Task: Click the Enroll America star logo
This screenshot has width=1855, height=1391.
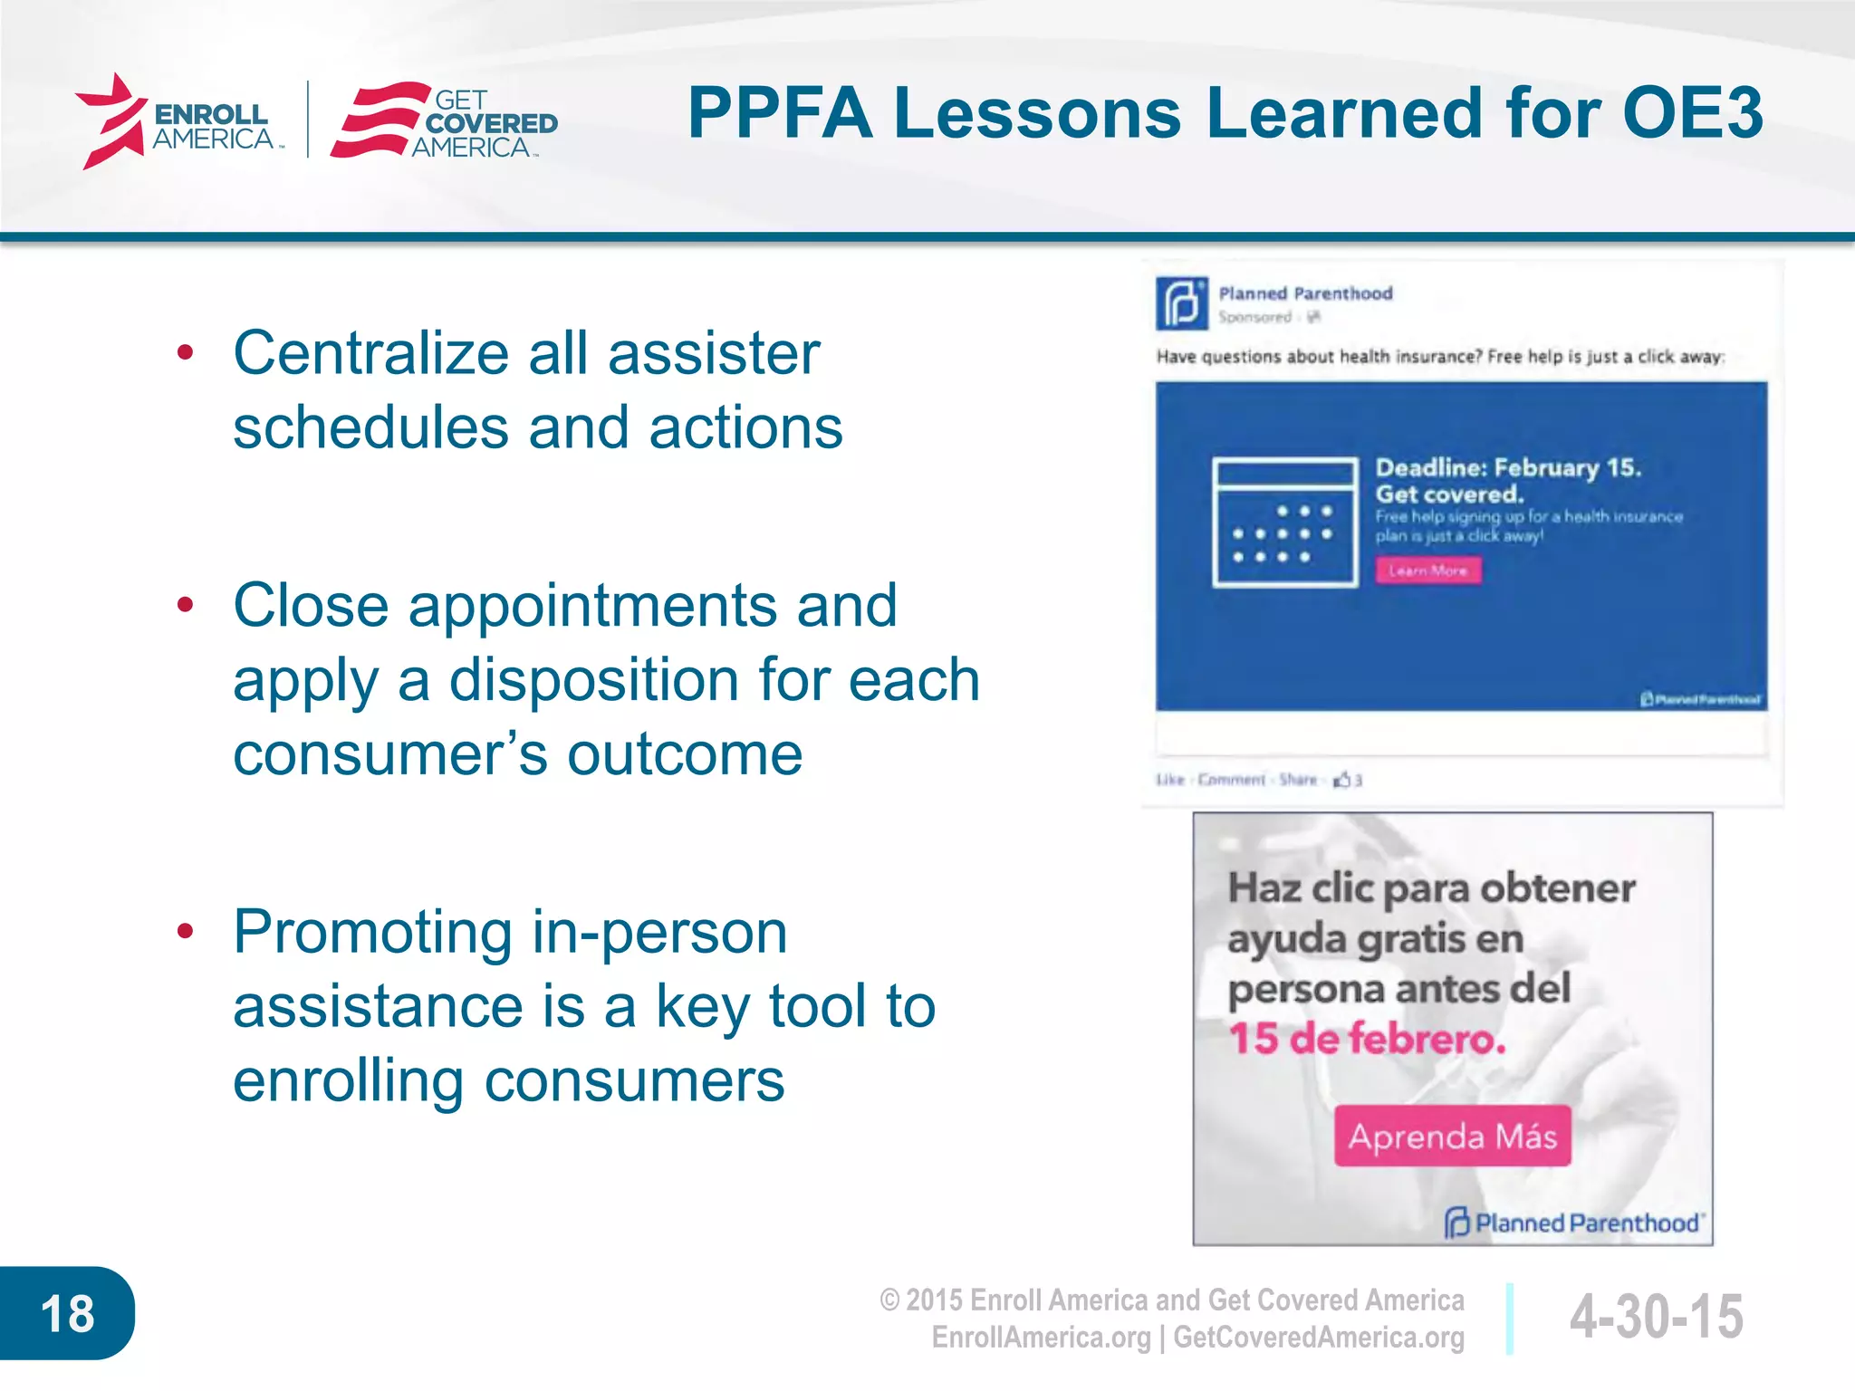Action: coord(111,121)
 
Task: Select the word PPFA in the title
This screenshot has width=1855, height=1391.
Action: coord(780,113)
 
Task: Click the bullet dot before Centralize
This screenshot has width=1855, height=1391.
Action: coord(186,353)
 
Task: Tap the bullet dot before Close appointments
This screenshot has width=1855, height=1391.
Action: coord(186,605)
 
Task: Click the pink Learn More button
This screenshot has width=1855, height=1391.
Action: coord(1428,571)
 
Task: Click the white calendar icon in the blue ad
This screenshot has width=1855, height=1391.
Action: coord(1284,523)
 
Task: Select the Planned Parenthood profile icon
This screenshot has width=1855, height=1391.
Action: coord(1182,303)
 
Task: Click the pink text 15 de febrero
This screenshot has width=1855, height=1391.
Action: coord(1366,1039)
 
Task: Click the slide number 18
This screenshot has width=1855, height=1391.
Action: coord(67,1313)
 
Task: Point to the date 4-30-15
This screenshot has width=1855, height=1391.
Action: coord(1656,1316)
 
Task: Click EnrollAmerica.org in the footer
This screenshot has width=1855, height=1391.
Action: coord(1041,1338)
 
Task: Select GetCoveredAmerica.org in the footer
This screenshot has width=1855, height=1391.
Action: coord(1319,1338)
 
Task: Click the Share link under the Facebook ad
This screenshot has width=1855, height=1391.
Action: coord(1297,780)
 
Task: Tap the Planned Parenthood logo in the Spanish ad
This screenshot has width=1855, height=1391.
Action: coord(1573,1223)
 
